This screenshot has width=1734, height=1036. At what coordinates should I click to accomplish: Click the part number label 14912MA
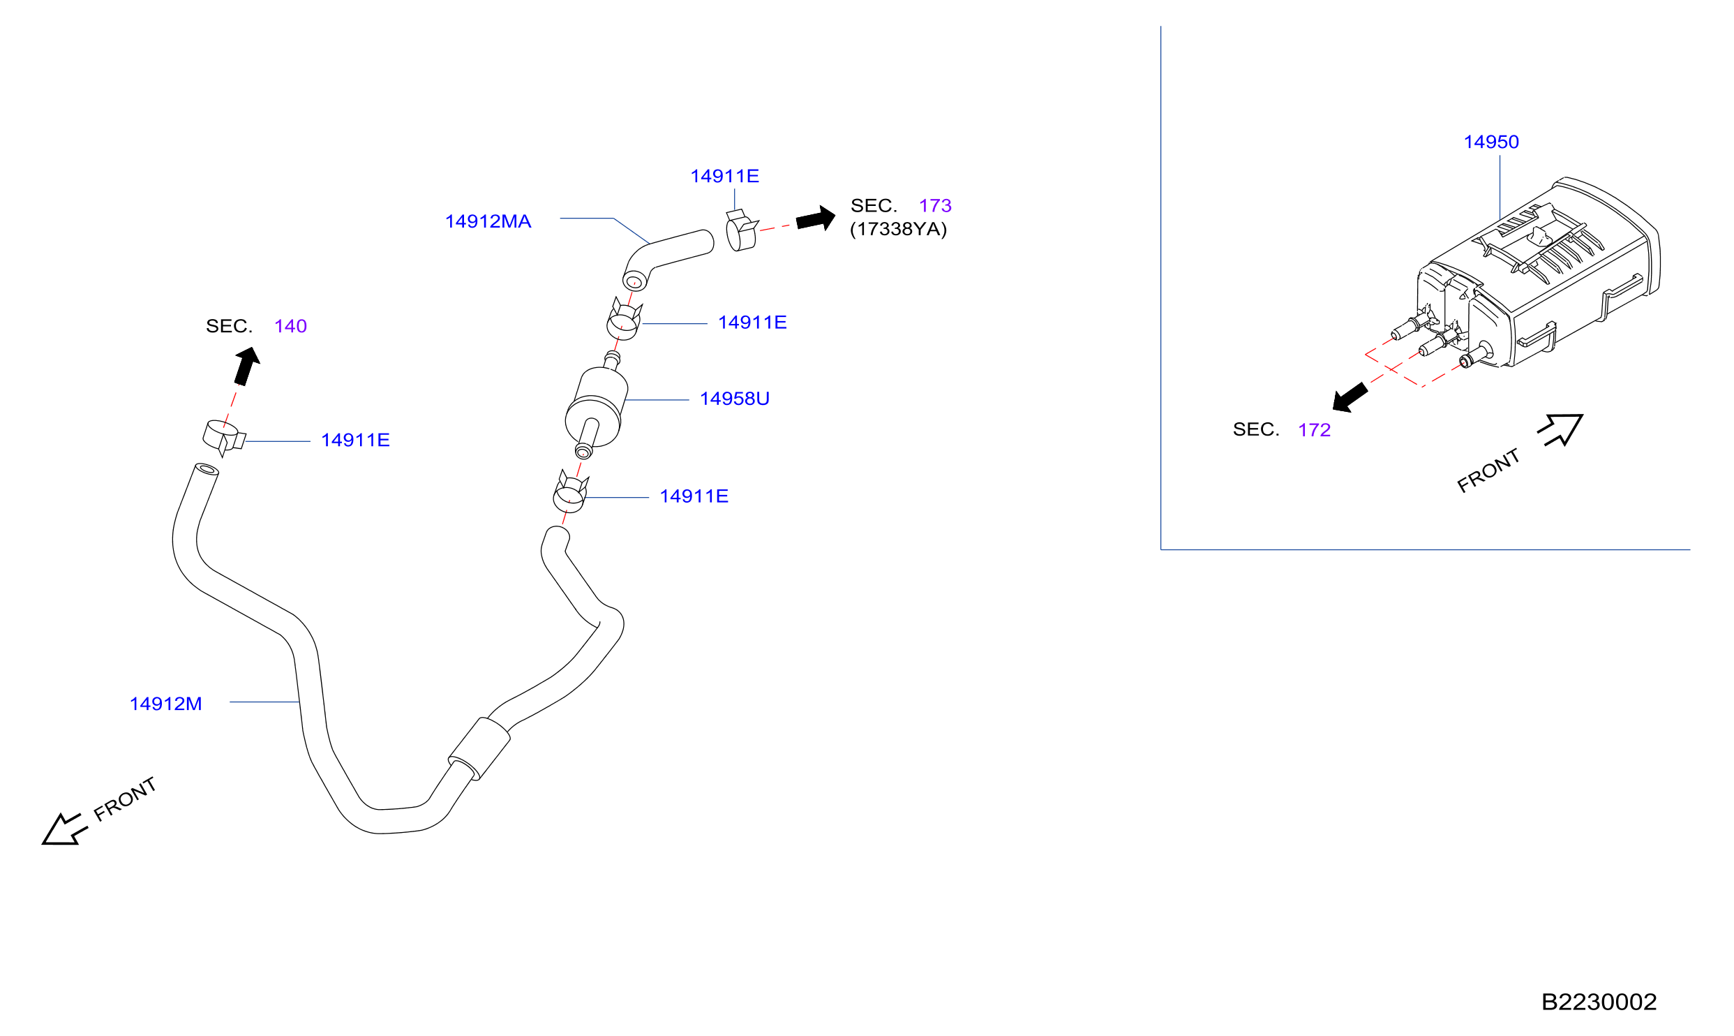[x=488, y=221]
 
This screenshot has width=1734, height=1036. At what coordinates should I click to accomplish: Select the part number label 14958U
[x=734, y=399]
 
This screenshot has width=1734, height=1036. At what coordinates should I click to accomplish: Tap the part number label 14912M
[x=165, y=704]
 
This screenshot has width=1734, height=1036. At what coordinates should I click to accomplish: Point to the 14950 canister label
[x=1490, y=142]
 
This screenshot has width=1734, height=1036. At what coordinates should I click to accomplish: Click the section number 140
[x=290, y=326]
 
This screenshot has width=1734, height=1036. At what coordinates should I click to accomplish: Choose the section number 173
[x=935, y=206]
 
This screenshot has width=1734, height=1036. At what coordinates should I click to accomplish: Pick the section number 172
[x=1314, y=430]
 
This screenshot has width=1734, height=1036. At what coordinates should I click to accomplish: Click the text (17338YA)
[x=898, y=229]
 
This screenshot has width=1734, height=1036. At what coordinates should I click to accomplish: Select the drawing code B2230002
[x=1599, y=1002]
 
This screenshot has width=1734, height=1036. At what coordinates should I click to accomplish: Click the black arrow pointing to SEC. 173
[x=816, y=219]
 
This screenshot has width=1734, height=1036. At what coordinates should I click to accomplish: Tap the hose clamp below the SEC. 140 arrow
[x=223, y=437]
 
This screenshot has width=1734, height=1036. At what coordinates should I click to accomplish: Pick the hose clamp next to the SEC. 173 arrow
[x=741, y=230]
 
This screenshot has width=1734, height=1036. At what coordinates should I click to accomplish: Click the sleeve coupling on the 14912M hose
[x=479, y=748]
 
